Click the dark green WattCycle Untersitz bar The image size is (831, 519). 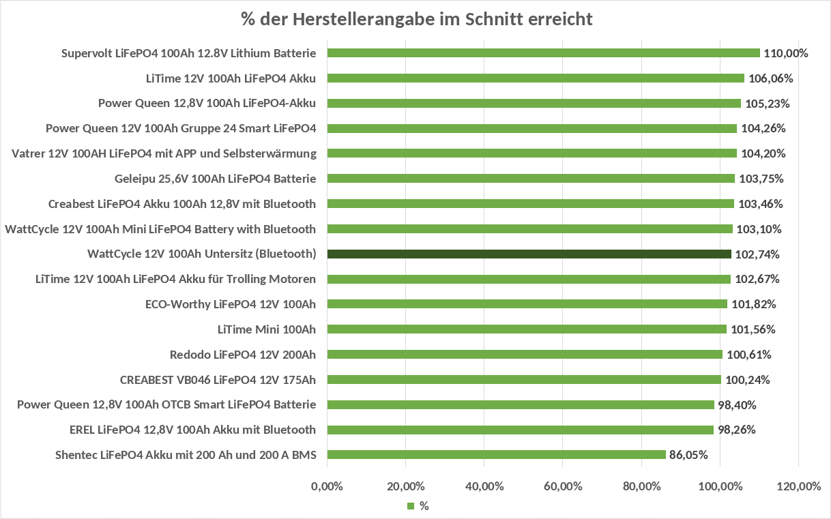529,254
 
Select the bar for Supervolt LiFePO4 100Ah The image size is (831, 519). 543,53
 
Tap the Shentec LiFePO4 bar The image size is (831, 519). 496,454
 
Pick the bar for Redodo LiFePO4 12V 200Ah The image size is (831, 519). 525,354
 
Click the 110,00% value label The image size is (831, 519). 786,53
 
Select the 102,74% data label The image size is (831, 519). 757,254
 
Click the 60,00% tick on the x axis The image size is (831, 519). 562,486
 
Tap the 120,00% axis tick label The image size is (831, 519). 798,486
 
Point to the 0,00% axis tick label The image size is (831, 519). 327,486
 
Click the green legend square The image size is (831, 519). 411,506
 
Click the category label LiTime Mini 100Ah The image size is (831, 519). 267,329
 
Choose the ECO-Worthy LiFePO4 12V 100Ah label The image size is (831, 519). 231,304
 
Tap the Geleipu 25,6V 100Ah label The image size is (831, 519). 216,179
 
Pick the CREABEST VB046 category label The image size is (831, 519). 218,379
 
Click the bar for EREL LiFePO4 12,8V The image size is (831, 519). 520,430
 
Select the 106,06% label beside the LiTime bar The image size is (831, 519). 770,78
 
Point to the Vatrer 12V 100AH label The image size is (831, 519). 164,153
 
